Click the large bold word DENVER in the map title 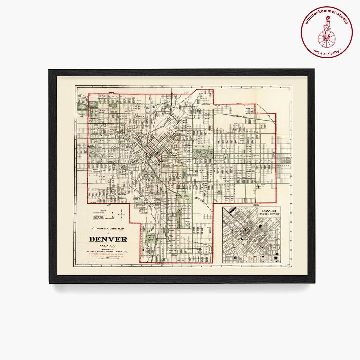point(108,239)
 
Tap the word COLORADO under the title point(108,246)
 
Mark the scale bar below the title point(107,258)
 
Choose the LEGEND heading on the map point(102,211)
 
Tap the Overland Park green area point(152,237)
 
